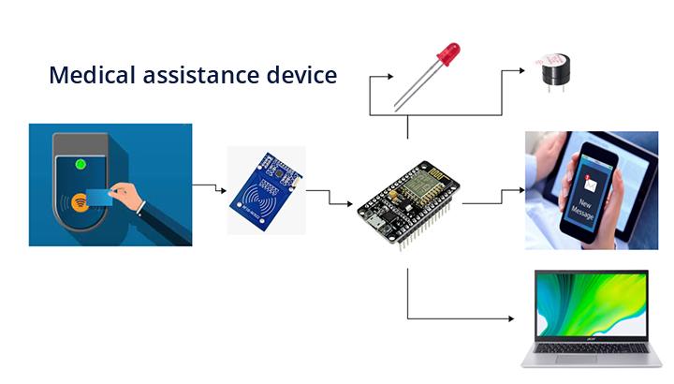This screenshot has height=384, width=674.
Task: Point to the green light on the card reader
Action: pyautogui.click(x=81, y=165)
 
